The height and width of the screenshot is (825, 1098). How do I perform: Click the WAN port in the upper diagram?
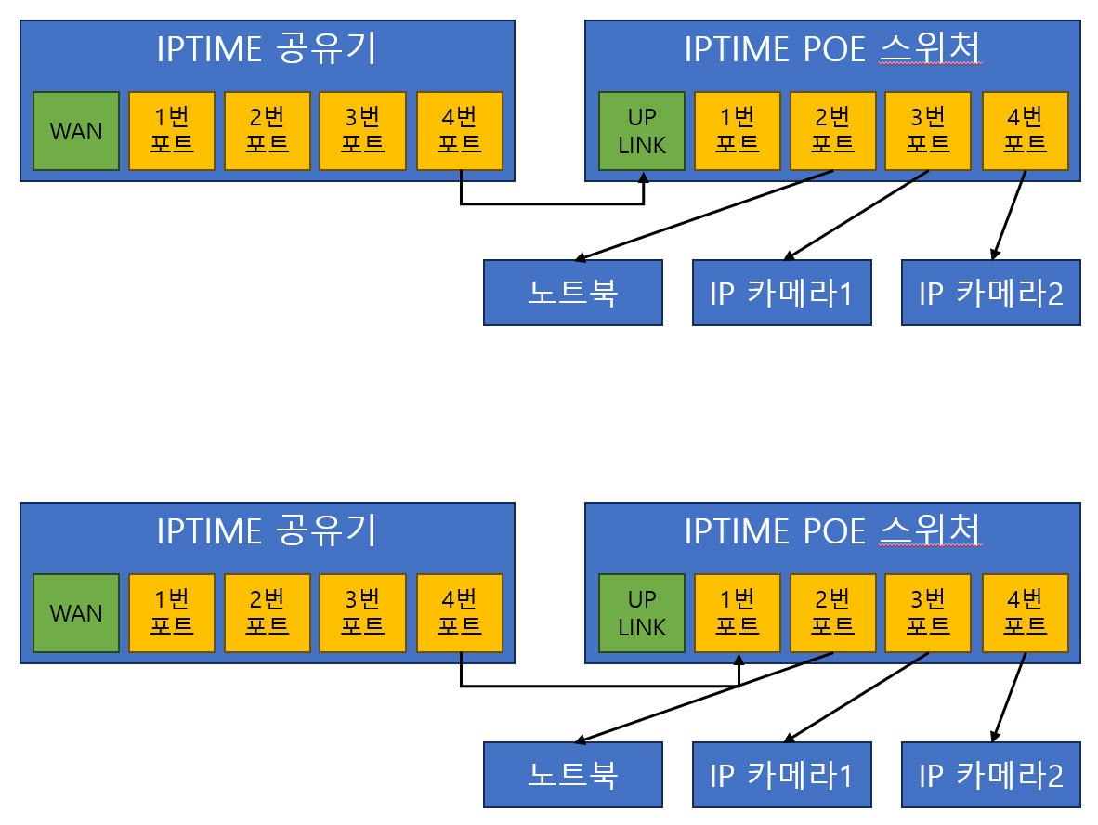coord(76,131)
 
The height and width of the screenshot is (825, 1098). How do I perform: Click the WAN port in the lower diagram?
coord(76,613)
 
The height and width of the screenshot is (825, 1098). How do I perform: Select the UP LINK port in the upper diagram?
coord(642,131)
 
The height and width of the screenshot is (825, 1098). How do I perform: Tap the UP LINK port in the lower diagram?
coord(642,613)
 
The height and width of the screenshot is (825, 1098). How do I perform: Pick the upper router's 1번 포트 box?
coord(172,131)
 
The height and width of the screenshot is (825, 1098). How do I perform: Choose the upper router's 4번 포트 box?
coord(460,131)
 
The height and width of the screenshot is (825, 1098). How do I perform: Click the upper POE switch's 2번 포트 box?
coord(833,131)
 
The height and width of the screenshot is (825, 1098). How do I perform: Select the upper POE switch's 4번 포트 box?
coord(1026,131)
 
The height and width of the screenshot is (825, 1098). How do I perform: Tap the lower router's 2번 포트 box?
coord(268,613)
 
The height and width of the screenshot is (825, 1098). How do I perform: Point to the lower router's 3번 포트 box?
coord(362,613)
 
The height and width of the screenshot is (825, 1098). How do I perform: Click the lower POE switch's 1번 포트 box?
coord(738,613)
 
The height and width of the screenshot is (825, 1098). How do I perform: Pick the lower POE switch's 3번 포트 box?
coord(929,613)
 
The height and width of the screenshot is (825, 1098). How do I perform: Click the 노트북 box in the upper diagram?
coord(573,293)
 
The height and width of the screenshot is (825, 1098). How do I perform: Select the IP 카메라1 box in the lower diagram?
coord(782,775)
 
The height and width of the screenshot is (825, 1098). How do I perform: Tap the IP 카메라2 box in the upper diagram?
coord(991,293)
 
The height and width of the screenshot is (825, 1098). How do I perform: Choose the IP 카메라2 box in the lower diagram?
coord(991,775)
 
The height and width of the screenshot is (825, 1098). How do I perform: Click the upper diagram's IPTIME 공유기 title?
coord(267,49)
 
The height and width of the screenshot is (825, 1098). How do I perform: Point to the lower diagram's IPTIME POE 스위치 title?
coord(832,530)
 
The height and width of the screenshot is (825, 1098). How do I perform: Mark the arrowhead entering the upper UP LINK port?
coord(644,177)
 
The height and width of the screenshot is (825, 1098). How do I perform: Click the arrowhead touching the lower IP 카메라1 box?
coord(790,739)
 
